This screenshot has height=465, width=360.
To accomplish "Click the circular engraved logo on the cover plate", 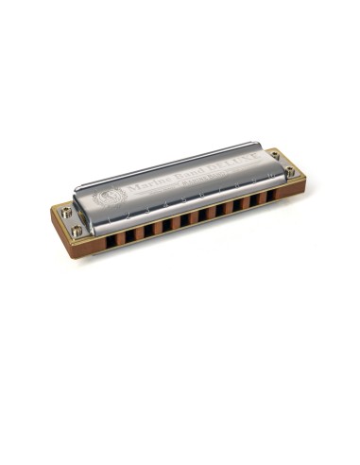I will (106, 197).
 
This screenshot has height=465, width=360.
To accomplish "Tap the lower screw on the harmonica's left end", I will (76, 230).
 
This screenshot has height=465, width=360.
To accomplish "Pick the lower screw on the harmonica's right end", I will (290, 172).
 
